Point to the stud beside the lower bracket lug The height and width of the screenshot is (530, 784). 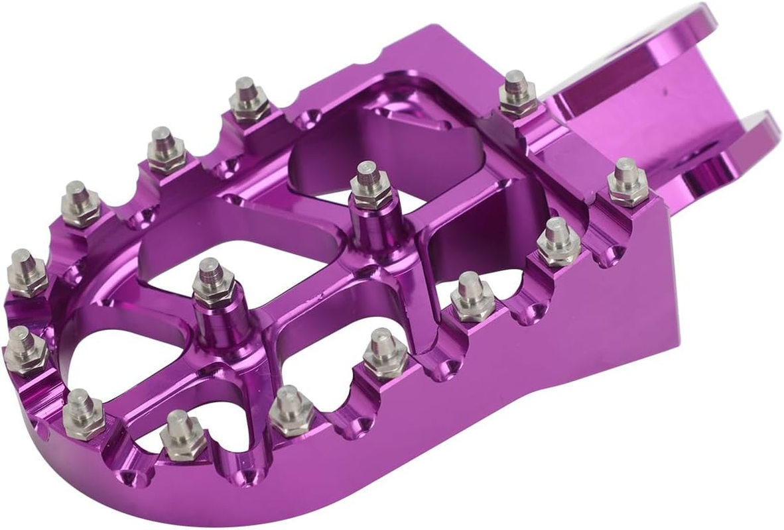[627, 180]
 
